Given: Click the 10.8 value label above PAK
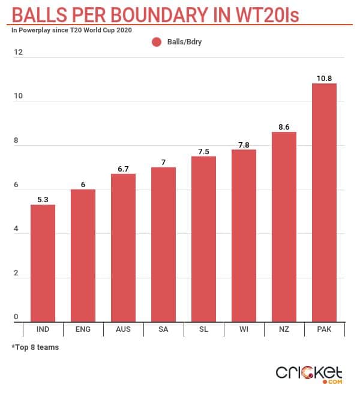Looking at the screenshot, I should point(324,78).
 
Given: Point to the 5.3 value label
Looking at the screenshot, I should point(43,199).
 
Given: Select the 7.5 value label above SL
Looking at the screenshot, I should point(203,151).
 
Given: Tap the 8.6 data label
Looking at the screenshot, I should point(284,127).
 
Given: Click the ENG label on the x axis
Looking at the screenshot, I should point(83,330).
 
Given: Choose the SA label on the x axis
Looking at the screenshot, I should point(163,330).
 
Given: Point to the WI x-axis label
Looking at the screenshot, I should point(244,330).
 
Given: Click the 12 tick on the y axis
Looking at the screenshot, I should point(19,53).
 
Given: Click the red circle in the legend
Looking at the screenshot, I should point(157,42).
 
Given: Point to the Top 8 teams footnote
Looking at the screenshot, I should point(35,347).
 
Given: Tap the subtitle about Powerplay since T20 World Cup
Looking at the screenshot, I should point(71,29).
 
